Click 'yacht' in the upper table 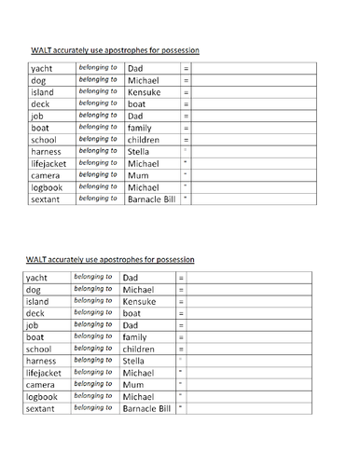coord(42,69)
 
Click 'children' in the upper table coord(146,139)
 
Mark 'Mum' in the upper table coord(138,174)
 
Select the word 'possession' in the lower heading coord(174,258)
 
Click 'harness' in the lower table coord(42,361)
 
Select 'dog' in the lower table coord(35,290)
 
